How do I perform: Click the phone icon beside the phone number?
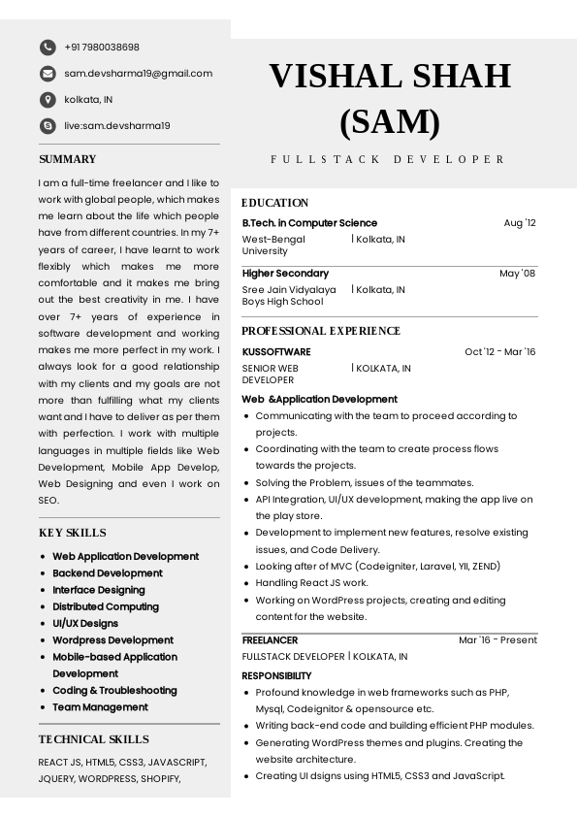coord(48,48)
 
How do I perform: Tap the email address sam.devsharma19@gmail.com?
coord(138,74)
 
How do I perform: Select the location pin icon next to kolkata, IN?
coord(48,100)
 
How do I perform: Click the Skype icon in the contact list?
coord(48,126)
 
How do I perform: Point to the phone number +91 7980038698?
coord(102,48)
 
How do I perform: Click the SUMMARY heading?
coord(68,159)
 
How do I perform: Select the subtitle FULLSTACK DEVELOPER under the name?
coord(388,159)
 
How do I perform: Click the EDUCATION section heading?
coord(275,203)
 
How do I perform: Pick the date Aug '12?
coord(520,223)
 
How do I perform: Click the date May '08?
coord(517,274)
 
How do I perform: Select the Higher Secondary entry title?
coord(285,274)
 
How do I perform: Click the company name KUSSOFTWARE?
coord(276,352)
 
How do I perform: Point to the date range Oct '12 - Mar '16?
coord(499,352)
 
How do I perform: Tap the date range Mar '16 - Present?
coord(497,640)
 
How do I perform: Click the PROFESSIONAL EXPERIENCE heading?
coord(321,331)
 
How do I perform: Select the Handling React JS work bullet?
coord(312,583)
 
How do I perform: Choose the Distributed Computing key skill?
coord(106,606)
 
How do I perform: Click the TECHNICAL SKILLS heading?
coord(94,739)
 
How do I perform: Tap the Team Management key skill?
coord(100,707)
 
